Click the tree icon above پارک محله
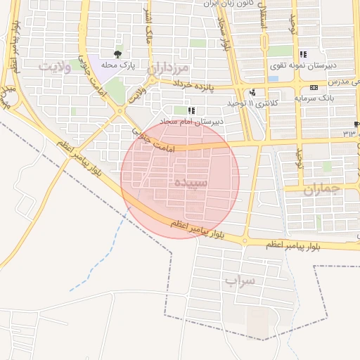(x=117, y=53)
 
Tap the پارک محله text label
(x=117, y=65)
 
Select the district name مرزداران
(x=169, y=69)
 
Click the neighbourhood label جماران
(x=322, y=190)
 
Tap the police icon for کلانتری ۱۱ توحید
(x=252, y=92)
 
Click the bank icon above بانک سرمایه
(x=313, y=87)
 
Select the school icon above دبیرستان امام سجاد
(x=191, y=110)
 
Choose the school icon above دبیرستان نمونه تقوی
(x=303, y=54)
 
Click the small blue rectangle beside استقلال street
(x=273, y=78)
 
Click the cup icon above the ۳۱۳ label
(x=356, y=124)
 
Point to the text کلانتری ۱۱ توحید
(x=252, y=103)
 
